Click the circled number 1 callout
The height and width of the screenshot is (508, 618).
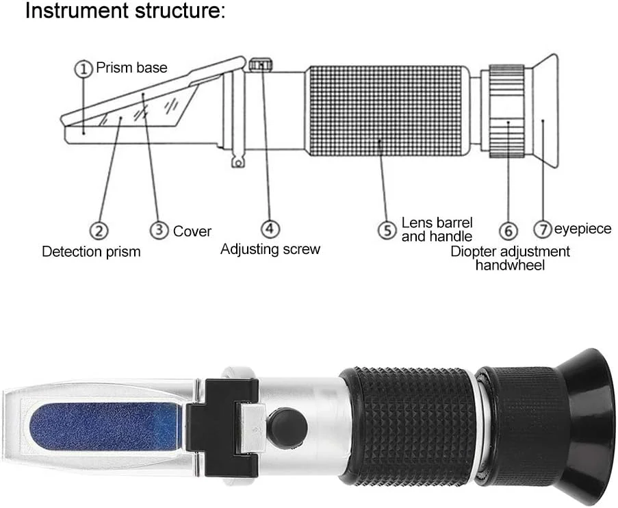tap(83, 69)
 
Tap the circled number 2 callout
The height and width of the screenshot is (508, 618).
tap(99, 230)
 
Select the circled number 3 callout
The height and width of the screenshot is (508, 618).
tap(159, 229)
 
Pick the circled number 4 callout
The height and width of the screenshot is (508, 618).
tap(270, 229)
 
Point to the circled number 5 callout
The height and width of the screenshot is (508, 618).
tap(387, 230)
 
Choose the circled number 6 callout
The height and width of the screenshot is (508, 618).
tap(508, 230)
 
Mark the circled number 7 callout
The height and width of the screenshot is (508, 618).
tap(543, 229)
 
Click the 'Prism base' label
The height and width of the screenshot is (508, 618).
tap(131, 68)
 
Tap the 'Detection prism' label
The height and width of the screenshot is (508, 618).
tap(91, 252)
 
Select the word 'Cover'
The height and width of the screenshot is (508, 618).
tap(192, 231)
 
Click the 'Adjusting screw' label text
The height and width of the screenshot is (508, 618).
tap(270, 249)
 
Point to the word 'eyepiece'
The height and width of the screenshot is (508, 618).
tap(582, 229)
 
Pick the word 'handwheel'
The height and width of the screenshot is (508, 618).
tap(510, 265)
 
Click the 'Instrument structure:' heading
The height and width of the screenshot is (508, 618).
tap(125, 11)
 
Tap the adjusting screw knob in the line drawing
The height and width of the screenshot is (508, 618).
tap(261, 64)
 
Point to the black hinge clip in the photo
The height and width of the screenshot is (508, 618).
tap(222, 427)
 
